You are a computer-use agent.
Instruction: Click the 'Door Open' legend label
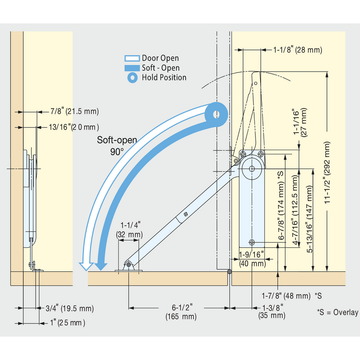(x=160, y=58)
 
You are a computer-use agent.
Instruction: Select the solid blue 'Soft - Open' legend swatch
(x=132, y=68)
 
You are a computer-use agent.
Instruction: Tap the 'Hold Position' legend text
(x=164, y=78)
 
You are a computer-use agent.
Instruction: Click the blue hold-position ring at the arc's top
(x=216, y=114)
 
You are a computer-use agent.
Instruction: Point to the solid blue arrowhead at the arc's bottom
(x=101, y=266)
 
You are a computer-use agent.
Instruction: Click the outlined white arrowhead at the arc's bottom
(x=86, y=266)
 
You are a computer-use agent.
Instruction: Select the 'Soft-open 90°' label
(x=117, y=146)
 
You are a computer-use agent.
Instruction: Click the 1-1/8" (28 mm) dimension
(x=297, y=50)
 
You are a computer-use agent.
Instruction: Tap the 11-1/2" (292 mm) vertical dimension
(x=327, y=172)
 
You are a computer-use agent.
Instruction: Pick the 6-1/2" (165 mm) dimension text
(x=181, y=312)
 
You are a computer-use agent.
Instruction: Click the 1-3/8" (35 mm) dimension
(x=272, y=311)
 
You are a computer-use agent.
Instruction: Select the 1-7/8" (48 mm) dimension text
(x=286, y=296)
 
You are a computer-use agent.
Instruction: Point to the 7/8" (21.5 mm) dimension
(x=75, y=111)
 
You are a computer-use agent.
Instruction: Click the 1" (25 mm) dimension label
(x=68, y=323)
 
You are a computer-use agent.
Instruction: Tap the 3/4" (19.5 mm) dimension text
(x=70, y=308)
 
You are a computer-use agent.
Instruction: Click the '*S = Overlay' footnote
(x=338, y=312)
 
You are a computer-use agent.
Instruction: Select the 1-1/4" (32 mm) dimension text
(x=130, y=230)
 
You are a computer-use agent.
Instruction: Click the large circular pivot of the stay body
(x=252, y=169)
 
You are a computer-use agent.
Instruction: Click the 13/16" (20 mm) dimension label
(x=74, y=127)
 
